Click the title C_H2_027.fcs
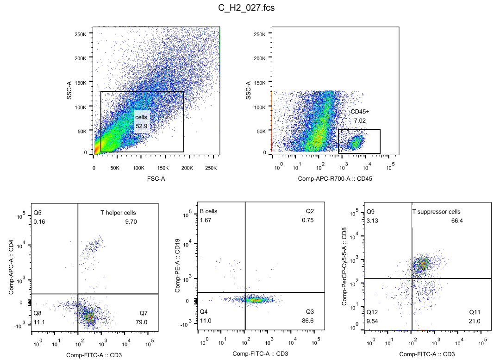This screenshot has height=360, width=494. (246, 8)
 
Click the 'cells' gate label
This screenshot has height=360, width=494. (141, 117)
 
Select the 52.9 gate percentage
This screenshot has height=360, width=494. (141, 126)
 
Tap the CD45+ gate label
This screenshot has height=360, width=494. (360, 112)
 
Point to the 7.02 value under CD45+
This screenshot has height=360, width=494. (360, 120)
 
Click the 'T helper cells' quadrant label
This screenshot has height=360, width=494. (119, 213)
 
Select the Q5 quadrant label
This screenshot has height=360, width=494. (38, 213)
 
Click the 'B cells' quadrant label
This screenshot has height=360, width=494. (208, 211)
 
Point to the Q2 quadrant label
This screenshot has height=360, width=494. (309, 211)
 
